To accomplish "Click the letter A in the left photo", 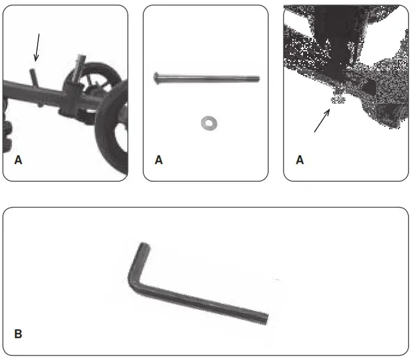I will [x=18, y=160].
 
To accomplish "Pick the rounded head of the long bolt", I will [x=156, y=77].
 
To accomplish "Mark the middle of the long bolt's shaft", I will [x=206, y=77].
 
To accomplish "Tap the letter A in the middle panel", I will [x=158, y=160].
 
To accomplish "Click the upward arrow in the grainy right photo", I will [x=322, y=122].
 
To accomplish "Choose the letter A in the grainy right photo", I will [x=299, y=160].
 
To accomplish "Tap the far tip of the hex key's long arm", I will [x=265, y=319].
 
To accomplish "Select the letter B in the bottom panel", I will [x=18, y=334].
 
